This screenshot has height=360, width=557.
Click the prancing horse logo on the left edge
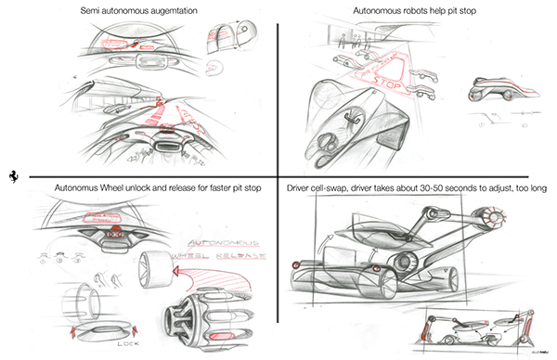click(x=12, y=175)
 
